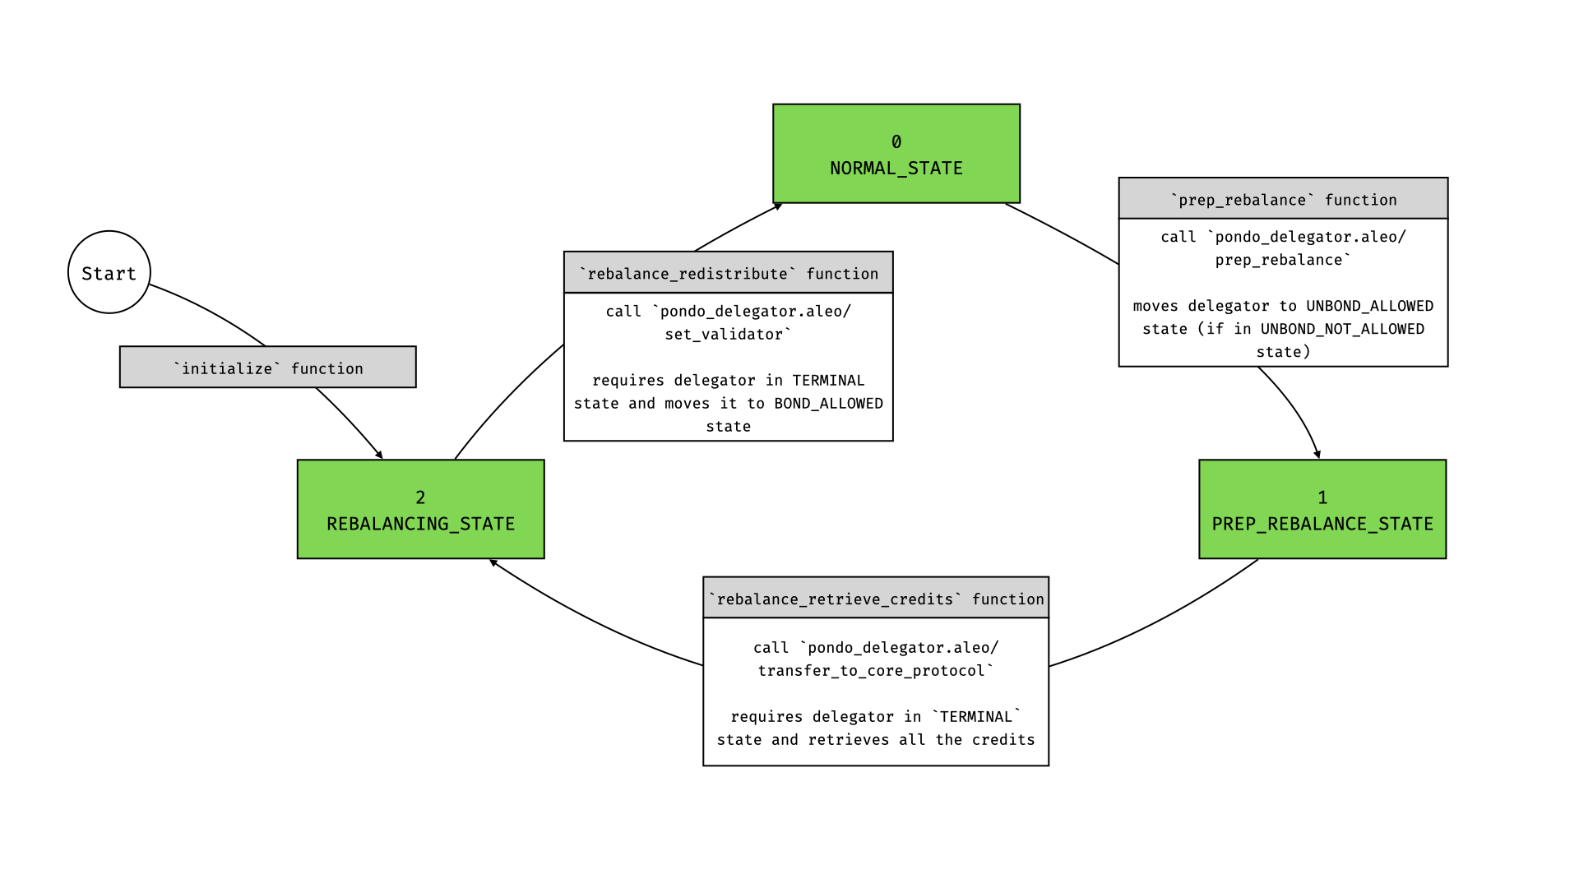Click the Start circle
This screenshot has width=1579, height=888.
click(x=109, y=272)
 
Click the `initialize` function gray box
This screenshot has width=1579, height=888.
click(x=267, y=368)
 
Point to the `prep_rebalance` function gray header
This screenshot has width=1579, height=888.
click(x=1283, y=199)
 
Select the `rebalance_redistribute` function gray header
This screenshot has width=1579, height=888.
click(x=728, y=273)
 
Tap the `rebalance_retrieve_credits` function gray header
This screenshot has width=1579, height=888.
click(x=875, y=599)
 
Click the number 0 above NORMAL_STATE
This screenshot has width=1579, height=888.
click(x=896, y=142)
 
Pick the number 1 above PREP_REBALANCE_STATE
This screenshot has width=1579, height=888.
click(x=1322, y=497)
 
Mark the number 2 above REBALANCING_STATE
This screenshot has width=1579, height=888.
click(x=420, y=497)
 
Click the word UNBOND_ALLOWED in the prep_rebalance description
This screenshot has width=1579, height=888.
click(x=1369, y=306)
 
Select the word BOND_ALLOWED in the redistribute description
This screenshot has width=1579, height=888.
click(x=828, y=404)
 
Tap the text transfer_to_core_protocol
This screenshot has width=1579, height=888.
click(x=872, y=671)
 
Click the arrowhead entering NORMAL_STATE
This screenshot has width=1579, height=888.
click(x=778, y=206)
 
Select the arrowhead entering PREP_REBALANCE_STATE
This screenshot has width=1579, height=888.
click(x=1317, y=454)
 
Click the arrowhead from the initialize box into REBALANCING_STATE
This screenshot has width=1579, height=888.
click(x=379, y=455)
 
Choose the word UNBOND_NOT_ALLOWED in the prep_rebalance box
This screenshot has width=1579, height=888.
click(x=1342, y=329)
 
